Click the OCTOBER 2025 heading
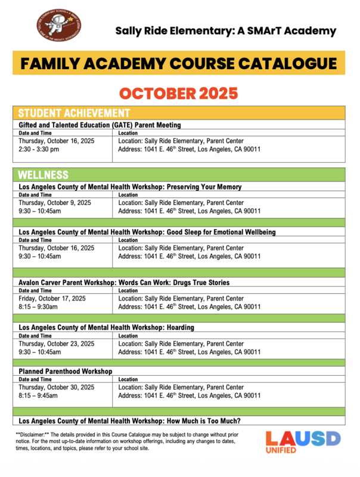179,94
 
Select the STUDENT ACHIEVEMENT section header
74,113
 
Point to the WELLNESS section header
43,175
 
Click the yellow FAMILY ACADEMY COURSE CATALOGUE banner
179,63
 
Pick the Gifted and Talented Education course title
100,125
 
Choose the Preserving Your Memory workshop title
130,187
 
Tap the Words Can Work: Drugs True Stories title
124,282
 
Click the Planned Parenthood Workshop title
66,371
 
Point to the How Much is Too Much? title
129,421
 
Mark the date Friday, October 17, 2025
52,298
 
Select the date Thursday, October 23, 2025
57,343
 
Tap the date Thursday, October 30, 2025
57,387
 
